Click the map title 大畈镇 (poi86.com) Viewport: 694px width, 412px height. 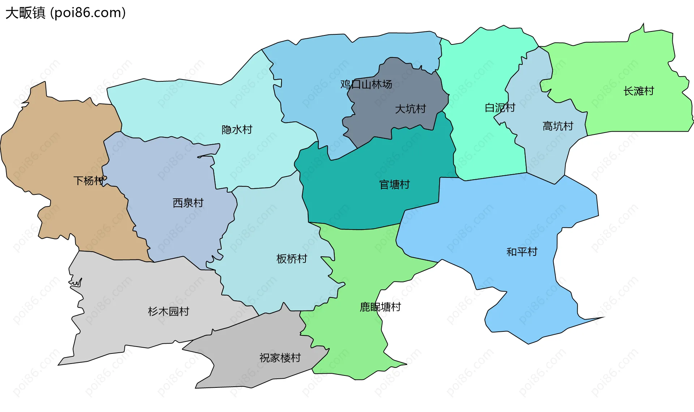click(x=65, y=13)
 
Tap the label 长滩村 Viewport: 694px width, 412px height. click(x=639, y=91)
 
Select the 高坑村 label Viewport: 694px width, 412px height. click(x=558, y=126)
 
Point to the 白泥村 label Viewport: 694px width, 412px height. click(x=500, y=108)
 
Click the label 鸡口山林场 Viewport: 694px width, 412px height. click(x=366, y=85)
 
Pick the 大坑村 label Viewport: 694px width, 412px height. click(x=410, y=109)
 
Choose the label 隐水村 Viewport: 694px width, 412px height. click(x=237, y=129)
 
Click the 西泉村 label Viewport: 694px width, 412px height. click(x=188, y=203)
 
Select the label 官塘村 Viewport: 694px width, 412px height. click(x=394, y=185)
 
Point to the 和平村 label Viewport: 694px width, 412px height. click(x=522, y=252)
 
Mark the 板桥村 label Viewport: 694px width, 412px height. click(x=291, y=259)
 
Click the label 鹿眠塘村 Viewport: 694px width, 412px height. click(x=380, y=307)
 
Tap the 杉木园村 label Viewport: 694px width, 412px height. click(x=168, y=311)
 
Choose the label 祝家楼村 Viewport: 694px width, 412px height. click(x=280, y=358)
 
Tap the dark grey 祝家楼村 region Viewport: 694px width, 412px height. click(x=253, y=372)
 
